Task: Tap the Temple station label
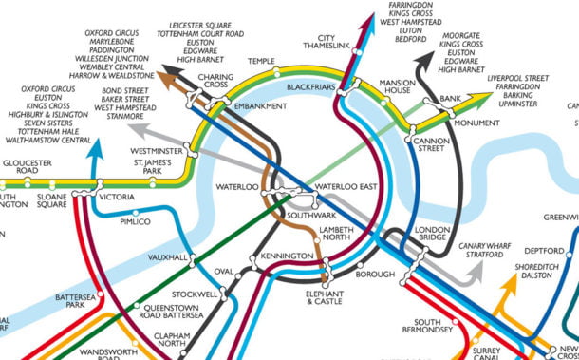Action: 261,62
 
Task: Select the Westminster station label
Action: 158,151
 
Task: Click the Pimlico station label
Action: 135,221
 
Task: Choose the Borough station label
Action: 373,275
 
